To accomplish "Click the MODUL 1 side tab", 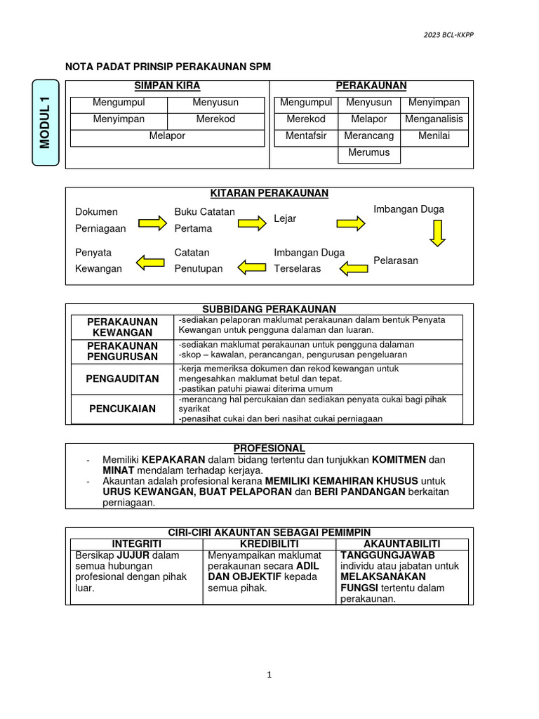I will point(46,123).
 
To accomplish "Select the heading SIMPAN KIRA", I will point(167,86).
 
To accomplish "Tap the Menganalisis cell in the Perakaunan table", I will point(434,119).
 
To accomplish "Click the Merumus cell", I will point(369,152).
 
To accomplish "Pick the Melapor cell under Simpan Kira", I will point(167,136).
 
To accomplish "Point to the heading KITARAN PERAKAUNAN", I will point(269,193).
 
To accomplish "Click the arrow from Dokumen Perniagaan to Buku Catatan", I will point(152,223).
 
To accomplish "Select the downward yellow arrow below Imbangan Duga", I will point(437,232).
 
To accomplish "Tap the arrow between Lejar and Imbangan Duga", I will point(351,223).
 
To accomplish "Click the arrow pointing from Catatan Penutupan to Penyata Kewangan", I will point(149,263).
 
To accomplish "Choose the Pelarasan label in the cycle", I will point(396,260).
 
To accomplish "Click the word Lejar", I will point(285,219).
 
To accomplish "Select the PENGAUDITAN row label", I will point(122,379).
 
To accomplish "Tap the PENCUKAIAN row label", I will point(122,409).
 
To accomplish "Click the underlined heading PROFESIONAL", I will point(269,448).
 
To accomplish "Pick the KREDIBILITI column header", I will point(269,544).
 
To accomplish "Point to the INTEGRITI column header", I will point(137,544).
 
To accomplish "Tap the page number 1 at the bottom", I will point(269,675).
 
